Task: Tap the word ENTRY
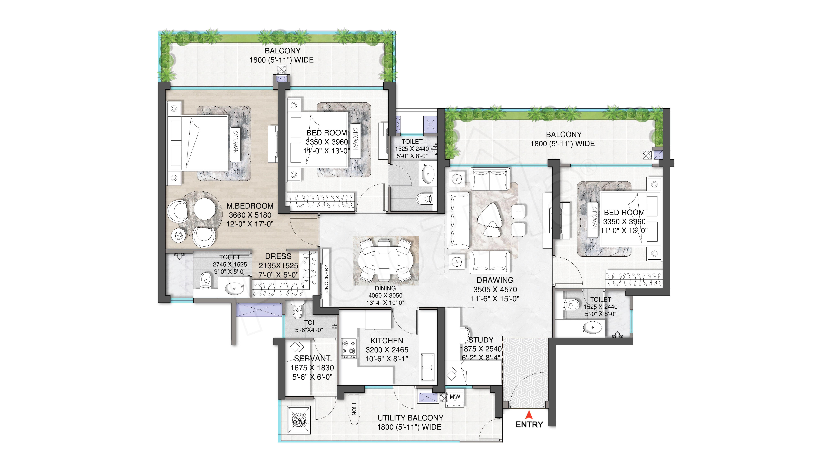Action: coord(529,424)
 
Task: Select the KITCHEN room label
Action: coord(387,341)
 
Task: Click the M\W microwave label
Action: coord(455,397)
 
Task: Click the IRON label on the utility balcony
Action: coord(354,409)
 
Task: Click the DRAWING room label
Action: coord(495,280)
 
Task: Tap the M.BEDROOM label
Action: coord(250,206)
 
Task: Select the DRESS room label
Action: coord(278,256)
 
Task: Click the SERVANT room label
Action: coord(312,358)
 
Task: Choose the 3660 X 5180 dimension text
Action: coord(250,215)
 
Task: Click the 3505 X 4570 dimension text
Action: coord(495,290)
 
